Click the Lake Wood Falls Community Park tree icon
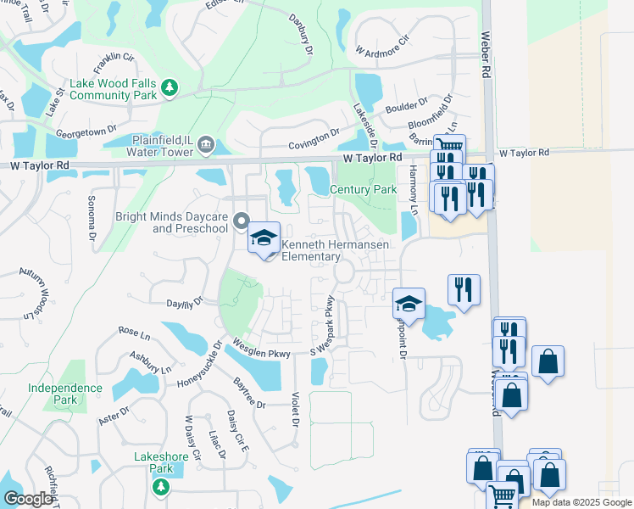170,87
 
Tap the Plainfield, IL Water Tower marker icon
204,146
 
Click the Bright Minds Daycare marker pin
242,223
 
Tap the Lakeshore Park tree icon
159,486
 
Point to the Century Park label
363,190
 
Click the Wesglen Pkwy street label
263,350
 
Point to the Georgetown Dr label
86,132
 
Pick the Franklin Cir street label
114,59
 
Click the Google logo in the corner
28,499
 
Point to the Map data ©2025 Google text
582,502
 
